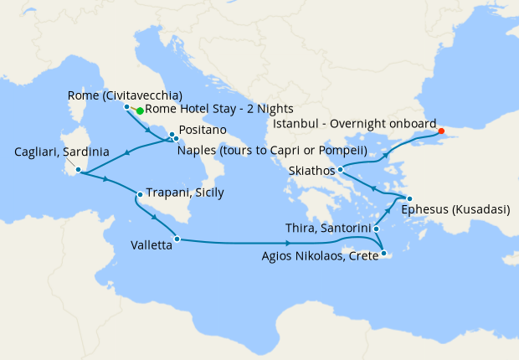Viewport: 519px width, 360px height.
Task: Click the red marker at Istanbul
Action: coord(441,131)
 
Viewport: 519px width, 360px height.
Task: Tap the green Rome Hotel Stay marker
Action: coord(139,111)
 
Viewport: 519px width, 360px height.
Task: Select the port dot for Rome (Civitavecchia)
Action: coord(126,107)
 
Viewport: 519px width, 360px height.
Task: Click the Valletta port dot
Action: coord(177,239)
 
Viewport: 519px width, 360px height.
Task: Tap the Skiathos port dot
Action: coord(341,171)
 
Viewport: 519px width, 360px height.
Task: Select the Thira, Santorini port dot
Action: coord(376,229)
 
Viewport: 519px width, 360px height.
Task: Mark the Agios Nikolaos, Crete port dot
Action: coord(383,254)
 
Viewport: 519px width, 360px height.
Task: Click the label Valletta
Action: coord(152,246)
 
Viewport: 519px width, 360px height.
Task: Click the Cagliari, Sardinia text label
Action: coord(62,152)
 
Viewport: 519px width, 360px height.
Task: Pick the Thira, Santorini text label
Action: coord(325,229)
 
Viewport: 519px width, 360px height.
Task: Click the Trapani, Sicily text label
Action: coord(185,193)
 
